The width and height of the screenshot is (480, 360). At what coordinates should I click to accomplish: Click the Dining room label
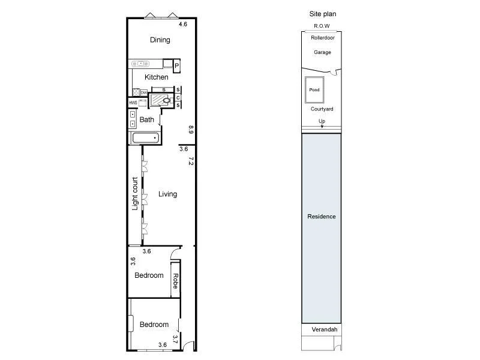click(x=160, y=40)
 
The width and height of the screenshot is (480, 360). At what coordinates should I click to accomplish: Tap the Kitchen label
click(x=157, y=77)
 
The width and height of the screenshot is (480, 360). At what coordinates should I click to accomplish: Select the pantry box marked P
click(x=178, y=66)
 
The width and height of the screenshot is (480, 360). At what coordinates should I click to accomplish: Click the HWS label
click(x=133, y=103)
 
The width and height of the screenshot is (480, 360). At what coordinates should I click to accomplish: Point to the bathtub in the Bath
click(x=146, y=138)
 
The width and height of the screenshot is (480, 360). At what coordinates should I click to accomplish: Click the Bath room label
click(x=147, y=120)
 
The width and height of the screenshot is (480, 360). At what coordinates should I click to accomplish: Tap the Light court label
click(x=135, y=193)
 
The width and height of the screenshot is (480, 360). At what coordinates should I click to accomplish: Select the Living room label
click(x=167, y=194)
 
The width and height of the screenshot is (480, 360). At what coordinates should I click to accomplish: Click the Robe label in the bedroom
click(x=176, y=280)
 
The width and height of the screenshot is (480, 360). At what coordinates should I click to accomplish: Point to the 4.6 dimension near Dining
click(x=183, y=25)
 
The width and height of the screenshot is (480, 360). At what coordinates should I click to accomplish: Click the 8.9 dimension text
click(x=191, y=129)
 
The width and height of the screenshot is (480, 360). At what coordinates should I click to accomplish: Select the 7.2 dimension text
click(x=191, y=161)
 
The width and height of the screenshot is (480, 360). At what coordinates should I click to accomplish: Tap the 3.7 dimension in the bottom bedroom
click(x=176, y=339)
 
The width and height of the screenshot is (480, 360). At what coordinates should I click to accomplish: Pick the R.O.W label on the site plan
click(x=322, y=26)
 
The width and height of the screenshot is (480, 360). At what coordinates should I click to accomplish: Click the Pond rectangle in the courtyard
click(x=314, y=90)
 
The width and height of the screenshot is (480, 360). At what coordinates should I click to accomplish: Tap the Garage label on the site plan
click(x=322, y=53)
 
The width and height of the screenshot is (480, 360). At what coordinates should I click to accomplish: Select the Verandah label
click(x=325, y=330)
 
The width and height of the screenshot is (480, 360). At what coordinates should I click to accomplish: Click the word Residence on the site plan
click(x=322, y=217)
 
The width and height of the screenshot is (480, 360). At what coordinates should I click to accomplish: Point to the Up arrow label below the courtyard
click(x=322, y=122)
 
